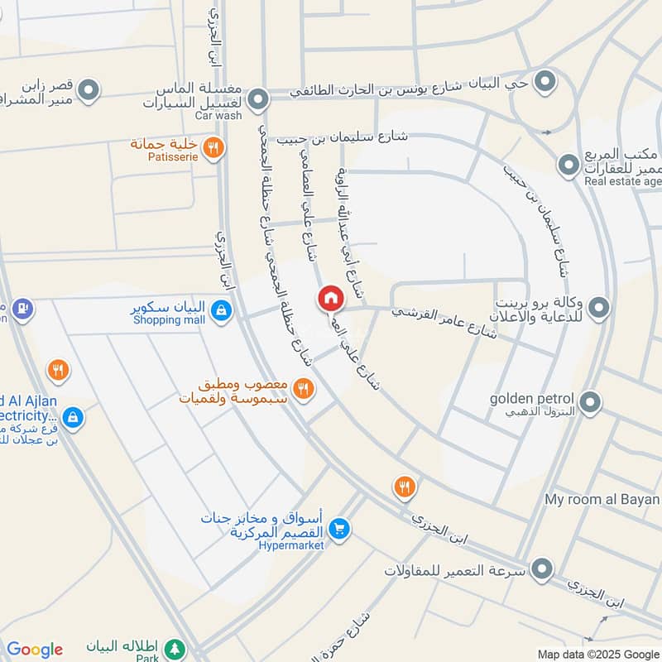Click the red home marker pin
pyautogui.click(x=330, y=298)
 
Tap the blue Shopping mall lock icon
pyautogui.click(x=220, y=310)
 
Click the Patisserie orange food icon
pyautogui.click(x=213, y=147)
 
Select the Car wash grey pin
pyautogui.click(x=259, y=100)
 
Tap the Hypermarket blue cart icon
pyautogui.click(x=338, y=527)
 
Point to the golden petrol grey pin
pyautogui.click(x=589, y=403)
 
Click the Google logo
pyautogui.click(x=35, y=650)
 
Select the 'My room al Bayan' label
pyautogui.click(x=602, y=500)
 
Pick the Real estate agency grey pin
pyautogui.click(x=568, y=165)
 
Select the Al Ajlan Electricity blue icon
pyautogui.click(x=73, y=416)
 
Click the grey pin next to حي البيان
pyautogui.click(x=544, y=81)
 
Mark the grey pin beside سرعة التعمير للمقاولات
pyautogui.click(x=542, y=569)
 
